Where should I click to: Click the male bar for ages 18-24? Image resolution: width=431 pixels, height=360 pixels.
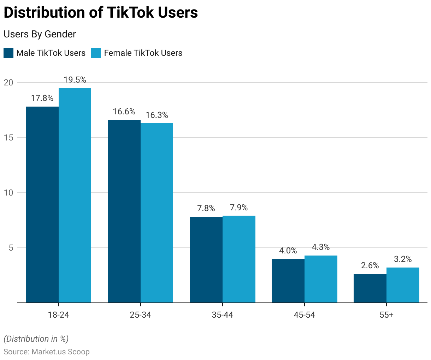tap(42, 205)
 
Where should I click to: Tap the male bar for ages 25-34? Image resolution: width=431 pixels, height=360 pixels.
tap(124, 211)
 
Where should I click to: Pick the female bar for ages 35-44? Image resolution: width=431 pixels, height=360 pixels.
tap(239, 259)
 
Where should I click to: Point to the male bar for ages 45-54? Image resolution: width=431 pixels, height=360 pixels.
tap(288, 281)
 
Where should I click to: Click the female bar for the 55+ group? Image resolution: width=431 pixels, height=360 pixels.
tap(403, 285)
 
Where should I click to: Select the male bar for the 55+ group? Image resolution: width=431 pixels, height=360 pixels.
tap(370, 288)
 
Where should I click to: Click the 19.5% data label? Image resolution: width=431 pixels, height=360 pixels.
tap(75, 80)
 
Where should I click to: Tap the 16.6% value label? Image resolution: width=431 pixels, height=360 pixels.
tap(124, 112)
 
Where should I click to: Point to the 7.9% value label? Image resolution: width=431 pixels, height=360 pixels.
tap(239, 208)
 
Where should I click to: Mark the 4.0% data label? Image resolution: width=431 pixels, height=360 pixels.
tap(288, 251)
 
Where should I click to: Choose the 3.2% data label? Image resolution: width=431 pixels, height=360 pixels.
tap(403, 259)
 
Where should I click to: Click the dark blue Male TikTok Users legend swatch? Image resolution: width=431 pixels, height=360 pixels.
tap(8, 53)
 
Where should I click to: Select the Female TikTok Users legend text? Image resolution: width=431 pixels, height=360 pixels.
tap(143, 53)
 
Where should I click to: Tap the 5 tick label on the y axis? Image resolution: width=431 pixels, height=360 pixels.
tap(11, 248)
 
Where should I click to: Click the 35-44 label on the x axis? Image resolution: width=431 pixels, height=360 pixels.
tap(223, 314)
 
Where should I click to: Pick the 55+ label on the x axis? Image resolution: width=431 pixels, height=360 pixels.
tap(386, 314)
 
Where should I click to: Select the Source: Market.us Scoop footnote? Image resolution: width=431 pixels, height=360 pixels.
tap(47, 352)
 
